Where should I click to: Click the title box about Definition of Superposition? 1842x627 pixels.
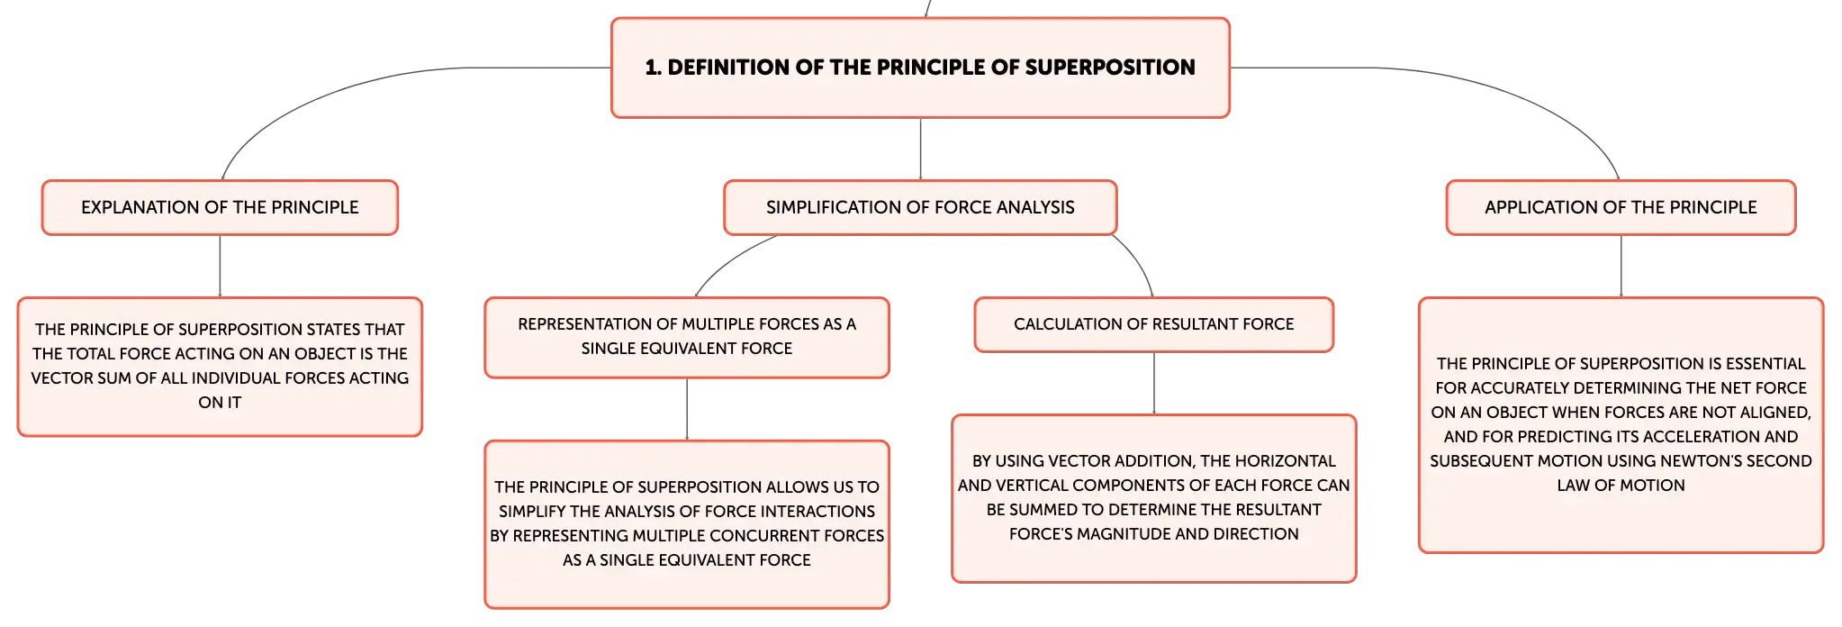click(920, 68)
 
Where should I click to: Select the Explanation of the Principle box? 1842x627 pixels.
click(220, 207)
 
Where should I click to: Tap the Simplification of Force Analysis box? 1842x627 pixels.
click(920, 207)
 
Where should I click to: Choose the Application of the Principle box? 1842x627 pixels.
click(1621, 207)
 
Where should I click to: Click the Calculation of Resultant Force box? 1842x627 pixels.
click(1153, 324)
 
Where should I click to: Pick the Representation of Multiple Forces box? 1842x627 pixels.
click(687, 337)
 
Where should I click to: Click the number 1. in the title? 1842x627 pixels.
click(654, 68)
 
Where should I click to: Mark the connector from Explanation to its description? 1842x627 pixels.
click(220, 267)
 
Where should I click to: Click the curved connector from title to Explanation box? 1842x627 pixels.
click(360, 89)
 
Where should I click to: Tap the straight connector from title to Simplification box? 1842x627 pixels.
click(920, 150)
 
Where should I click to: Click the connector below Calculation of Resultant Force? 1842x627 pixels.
click(1153, 383)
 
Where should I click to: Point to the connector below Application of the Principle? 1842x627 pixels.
click(1621, 267)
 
